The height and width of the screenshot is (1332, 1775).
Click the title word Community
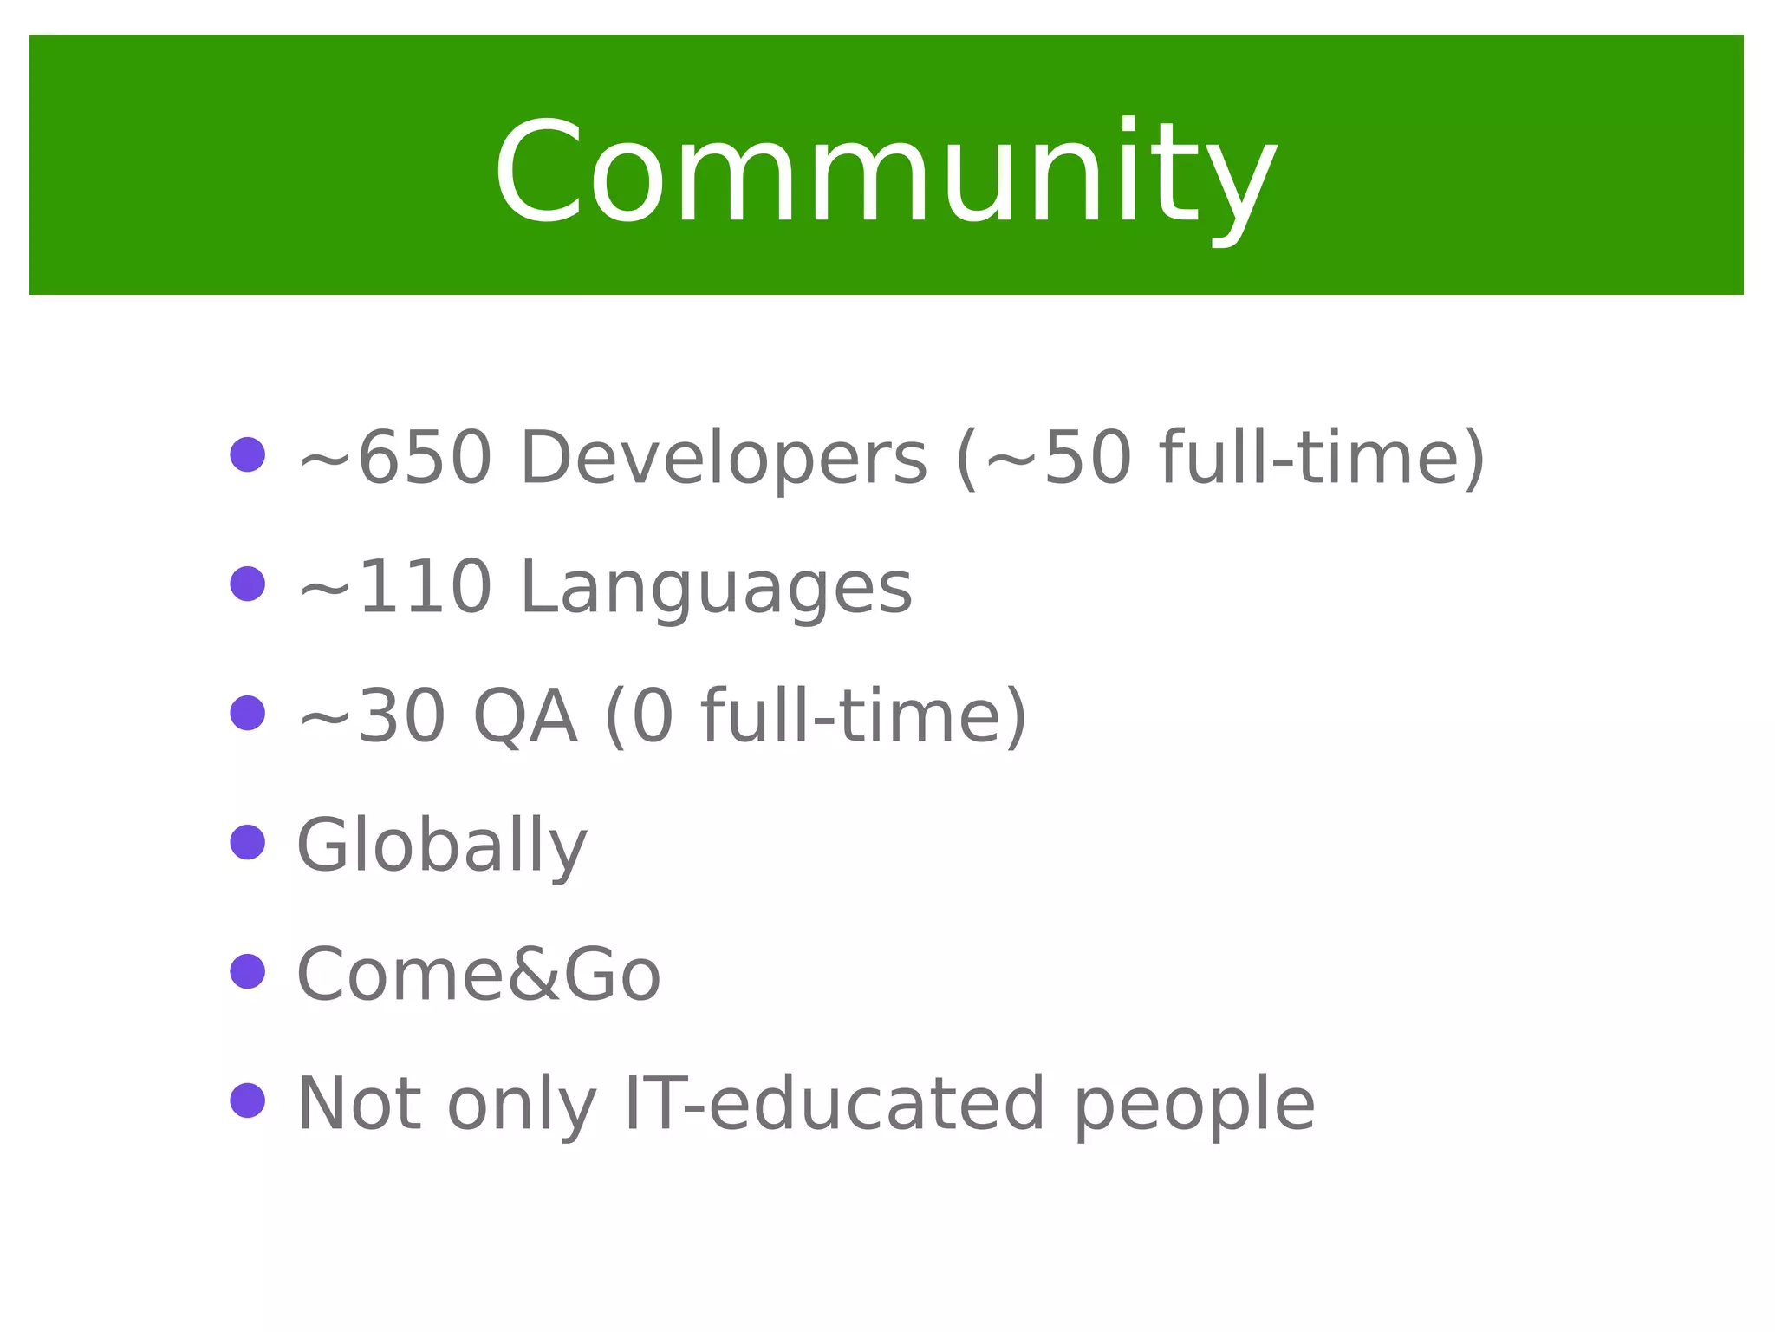click(x=886, y=173)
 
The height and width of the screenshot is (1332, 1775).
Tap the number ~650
click(x=395, y=458)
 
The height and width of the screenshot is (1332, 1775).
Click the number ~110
click(x=395, y=587)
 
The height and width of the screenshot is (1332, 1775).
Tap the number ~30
click(x=372, y=716)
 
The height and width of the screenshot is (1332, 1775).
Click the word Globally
click(x=442, y=846)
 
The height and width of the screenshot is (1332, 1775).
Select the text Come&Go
click(x=479, y=975)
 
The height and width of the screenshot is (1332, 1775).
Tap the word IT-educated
click(x=834, y=1104)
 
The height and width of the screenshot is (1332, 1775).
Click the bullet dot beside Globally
click(x=248, y=842)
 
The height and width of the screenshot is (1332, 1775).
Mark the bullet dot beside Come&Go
click(x=248, y=971)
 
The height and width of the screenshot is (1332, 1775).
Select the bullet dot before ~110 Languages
click(x=248, y=584)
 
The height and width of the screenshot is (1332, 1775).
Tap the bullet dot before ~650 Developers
click(x=248, y=454)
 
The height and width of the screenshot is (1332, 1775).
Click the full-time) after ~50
click(x=1323, y=458)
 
